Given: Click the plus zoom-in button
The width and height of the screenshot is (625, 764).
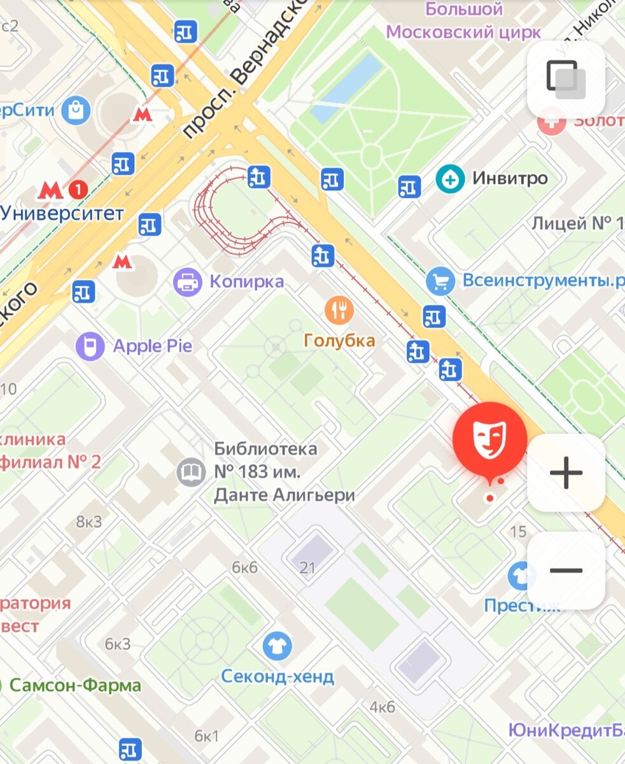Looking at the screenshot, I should click(x=566, y=472).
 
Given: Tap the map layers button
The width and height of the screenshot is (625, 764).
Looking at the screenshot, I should click(x=566, y=79).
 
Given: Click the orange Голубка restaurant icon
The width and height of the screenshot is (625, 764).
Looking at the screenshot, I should click(x=339, y=310).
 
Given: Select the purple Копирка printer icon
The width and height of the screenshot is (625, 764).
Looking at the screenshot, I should click(x=188, y=281).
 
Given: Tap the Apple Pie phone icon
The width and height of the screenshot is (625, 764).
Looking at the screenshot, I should click(x=90, y=346).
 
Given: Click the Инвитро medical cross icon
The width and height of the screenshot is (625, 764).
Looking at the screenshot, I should click(x=450, y=178).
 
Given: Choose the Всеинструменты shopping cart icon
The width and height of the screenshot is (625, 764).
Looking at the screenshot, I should click(x=440, y=281).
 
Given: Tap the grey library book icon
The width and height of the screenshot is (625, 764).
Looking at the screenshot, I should click(x=191, y=472).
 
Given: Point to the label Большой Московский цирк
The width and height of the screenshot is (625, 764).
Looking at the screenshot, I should click(x=464, y=20).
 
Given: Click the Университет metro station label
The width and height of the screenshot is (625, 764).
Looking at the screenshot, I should click(x=62, y=213).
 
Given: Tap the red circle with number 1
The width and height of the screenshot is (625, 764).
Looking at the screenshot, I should click(x=78, y=189).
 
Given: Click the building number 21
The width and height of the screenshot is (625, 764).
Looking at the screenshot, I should click(x=307, y=567).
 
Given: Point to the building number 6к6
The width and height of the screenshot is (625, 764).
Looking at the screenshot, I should click(x=244, y=567).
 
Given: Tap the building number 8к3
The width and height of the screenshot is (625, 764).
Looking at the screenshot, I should click(x=89, y=522).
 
